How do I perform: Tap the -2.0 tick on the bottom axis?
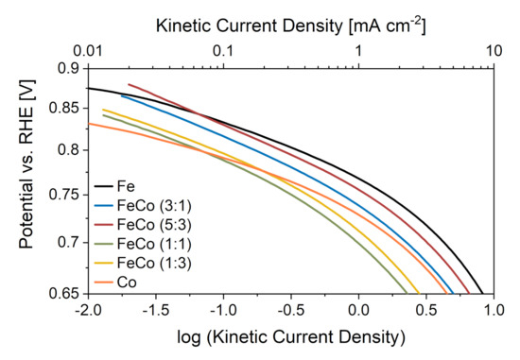[x=88, y=310]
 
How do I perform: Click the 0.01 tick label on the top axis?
[x=88, y=53]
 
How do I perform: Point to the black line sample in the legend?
[x=106, y=186]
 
